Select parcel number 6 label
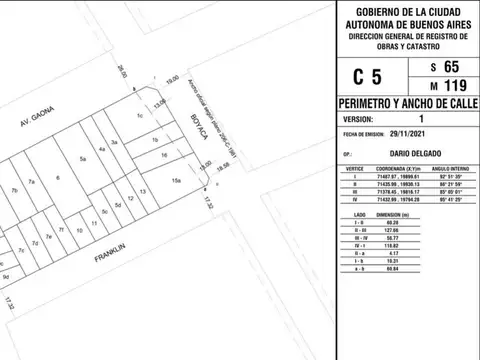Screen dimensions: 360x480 (59, 180)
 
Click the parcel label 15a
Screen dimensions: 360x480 (175, 181)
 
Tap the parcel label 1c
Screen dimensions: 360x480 (141, 119)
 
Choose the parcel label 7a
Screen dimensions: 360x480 (32, 182)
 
